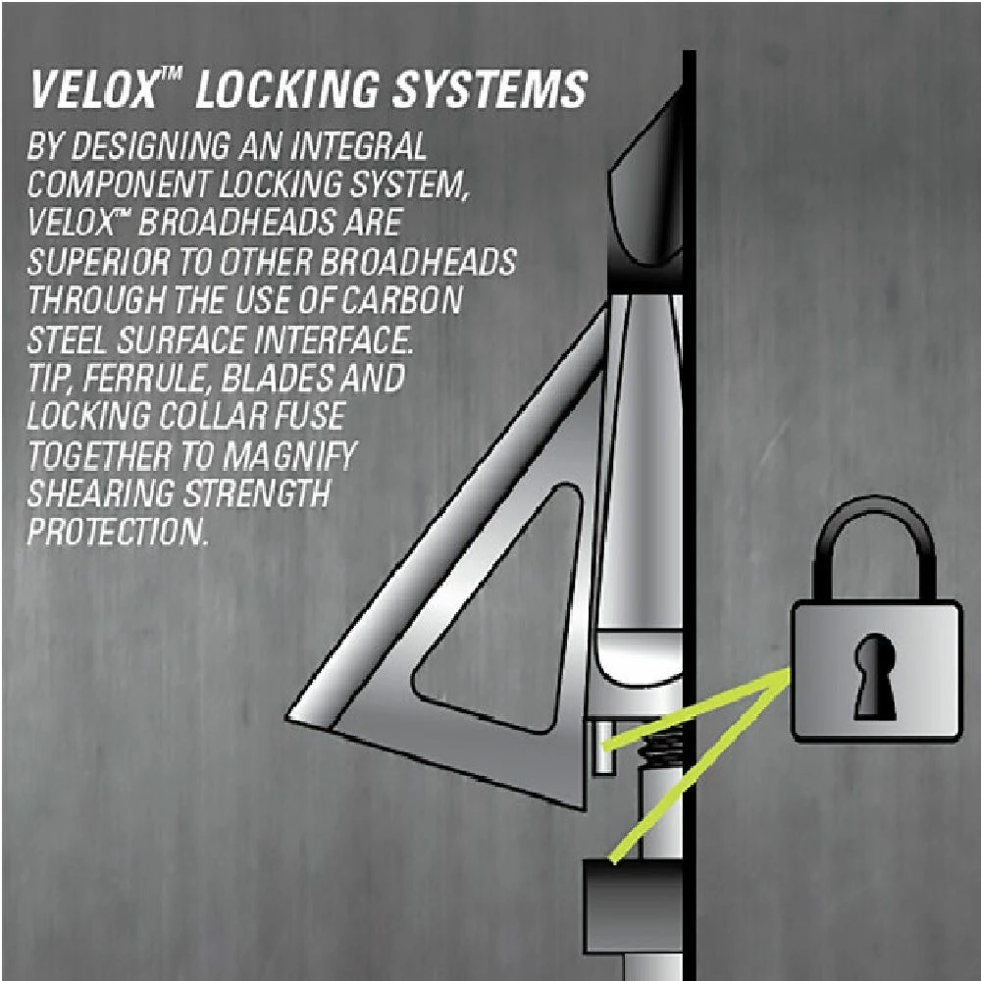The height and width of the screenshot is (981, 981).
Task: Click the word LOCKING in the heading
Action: [286, 89]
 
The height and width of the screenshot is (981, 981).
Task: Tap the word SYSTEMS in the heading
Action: [490, 89]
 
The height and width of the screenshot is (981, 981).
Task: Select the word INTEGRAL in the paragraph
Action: [358, 146]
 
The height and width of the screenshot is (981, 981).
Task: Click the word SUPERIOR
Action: [98, 262]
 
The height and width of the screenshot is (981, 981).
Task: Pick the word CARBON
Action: [401, 301]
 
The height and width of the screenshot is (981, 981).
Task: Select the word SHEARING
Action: [101, 494]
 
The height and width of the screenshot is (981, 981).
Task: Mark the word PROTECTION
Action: [117, 533]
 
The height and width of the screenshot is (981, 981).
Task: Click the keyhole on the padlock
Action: [875, 676]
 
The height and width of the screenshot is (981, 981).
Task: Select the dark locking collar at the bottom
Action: [633, 906]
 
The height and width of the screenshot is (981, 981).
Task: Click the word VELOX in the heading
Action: [94, 89]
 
